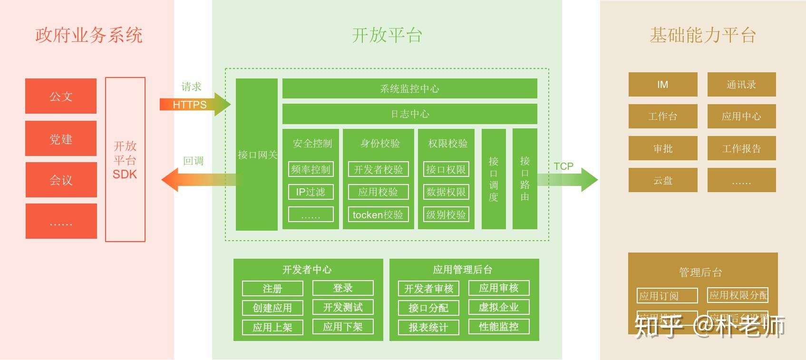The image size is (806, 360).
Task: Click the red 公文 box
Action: tap(61, 96)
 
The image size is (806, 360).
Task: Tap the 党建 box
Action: tap(61, 138)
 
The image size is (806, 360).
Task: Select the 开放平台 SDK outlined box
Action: tap(125, 159)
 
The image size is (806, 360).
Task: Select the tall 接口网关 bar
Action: tap(257, 155)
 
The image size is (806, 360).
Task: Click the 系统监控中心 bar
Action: tap(409, 88)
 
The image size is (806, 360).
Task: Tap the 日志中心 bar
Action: tap(409, 114)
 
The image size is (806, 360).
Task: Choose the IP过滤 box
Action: tap(311, 192)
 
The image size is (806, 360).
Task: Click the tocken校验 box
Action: tap(378, 214)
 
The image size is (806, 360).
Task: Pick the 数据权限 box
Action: tap(446, 192)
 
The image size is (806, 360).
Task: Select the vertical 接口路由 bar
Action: tap(524, 178)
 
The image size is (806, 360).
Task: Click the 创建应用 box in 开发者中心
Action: tap(272, 308)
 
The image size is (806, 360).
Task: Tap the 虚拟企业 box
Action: tap(498, 307)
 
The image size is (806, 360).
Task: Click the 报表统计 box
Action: tap(428, 327)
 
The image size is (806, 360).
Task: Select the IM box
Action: tap(663, 85)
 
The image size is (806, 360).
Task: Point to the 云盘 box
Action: tap(663, 180)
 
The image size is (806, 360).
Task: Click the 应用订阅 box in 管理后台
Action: tap(667, 295)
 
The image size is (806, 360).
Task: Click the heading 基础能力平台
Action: tap(702, 35)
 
